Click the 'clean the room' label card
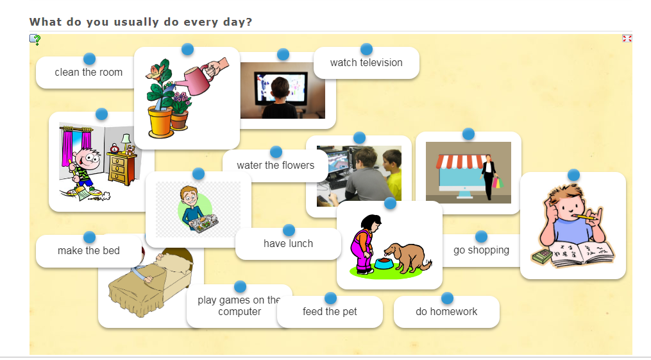89,73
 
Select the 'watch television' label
366,63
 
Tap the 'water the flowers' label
275,166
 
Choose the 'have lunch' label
288,244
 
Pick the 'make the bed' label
89,251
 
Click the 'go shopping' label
481,250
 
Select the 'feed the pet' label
330,312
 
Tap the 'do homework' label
446,312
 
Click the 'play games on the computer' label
240,306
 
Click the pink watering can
194,79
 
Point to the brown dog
407,258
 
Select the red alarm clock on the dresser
114,148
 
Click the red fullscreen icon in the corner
627,39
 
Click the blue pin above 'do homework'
447,298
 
